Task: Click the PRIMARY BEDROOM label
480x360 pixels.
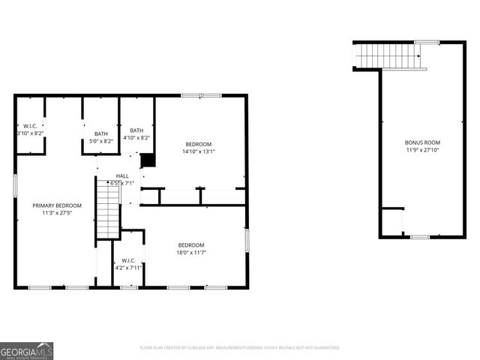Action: [57, 205]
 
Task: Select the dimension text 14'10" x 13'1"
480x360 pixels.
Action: [199, 151]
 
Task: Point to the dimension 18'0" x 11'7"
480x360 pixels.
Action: [191, 253]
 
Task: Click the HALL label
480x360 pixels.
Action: [121, 176]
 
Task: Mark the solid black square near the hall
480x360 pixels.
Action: [148, 160]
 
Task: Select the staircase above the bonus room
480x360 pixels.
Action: [388, 55]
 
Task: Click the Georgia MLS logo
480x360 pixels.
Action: [27, 350]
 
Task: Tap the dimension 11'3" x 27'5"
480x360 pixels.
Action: [57, 213]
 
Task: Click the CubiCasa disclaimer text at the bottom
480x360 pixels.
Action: [240, 348]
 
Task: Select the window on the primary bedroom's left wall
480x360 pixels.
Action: [15, 185]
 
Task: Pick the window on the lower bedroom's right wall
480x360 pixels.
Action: [246, 240]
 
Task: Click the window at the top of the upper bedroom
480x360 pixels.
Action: [201, 95]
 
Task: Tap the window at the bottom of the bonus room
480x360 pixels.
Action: [420, 237]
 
